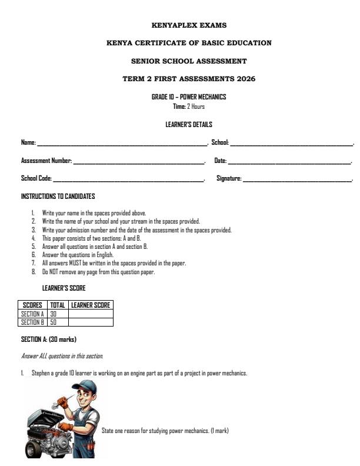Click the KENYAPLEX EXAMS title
click(189, 25)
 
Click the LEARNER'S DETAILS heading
click(189, 125)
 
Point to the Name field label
click(28, 143)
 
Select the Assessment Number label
click(46, 161)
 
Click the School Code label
click(36, 178)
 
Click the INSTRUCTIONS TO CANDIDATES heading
click(58, 196)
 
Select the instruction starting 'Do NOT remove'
click(98, 272)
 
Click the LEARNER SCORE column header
click(91, 305)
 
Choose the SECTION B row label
click(33, 322)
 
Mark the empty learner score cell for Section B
click(91, 322)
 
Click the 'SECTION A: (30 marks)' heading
click(49, 339)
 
